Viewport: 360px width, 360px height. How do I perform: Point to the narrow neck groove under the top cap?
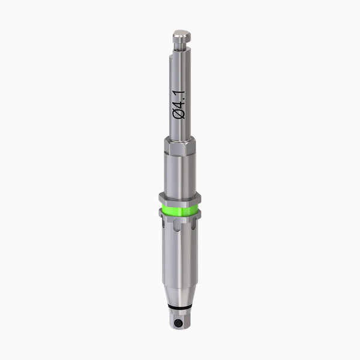point(180,44)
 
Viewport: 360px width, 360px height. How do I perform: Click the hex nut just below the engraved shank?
point(179,146)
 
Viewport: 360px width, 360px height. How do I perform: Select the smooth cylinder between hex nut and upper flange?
point(179,174)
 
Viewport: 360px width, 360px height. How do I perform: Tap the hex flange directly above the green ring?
point(179,198)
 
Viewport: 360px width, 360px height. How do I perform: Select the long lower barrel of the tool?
point(179,258)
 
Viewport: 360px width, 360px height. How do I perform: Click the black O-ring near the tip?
point(179,309)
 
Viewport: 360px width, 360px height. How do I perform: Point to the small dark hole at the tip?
point(178,323)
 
